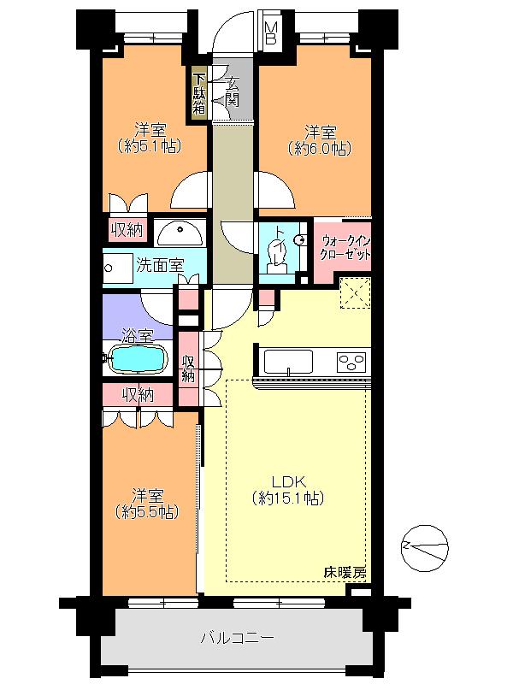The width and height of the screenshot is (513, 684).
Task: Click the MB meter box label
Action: (270, 33)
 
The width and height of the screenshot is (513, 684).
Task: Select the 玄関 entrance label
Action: (232, 91)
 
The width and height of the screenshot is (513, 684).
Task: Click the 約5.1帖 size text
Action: (149, 146)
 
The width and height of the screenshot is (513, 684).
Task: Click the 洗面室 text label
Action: (160, 265)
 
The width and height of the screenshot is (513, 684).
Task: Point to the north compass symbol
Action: (424, 545)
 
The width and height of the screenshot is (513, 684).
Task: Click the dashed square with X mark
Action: (354, 292)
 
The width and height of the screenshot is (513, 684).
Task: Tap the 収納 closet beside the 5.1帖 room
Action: (127, 230)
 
